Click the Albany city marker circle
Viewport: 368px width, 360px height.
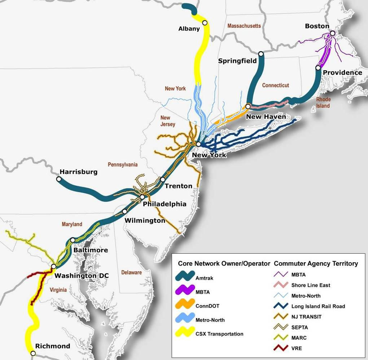point(205,23)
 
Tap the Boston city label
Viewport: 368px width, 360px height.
point(317,26)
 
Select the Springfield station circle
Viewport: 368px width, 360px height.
point(261,54)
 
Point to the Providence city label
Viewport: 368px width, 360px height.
point(342,73)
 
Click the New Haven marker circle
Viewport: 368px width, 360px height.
point(248,106)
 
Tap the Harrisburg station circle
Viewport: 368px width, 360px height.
point(59,179)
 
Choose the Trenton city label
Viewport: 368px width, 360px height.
point(178,186)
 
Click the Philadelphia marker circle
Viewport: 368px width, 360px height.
point(143,197)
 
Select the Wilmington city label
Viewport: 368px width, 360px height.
point(145,220)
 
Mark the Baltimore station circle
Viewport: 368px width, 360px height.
point(73,240)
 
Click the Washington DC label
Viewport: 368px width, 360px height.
point(82,276)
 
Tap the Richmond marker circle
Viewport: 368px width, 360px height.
point(33,353)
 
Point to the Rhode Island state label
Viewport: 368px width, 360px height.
point(323,102)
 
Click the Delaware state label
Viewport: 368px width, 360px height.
point(131,272)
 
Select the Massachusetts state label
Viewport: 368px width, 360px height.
point(244,26)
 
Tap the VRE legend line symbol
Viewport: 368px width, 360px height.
point(280,348)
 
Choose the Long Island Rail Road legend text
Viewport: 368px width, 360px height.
point(318,306)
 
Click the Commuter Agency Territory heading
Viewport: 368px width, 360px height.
point(316,263)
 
